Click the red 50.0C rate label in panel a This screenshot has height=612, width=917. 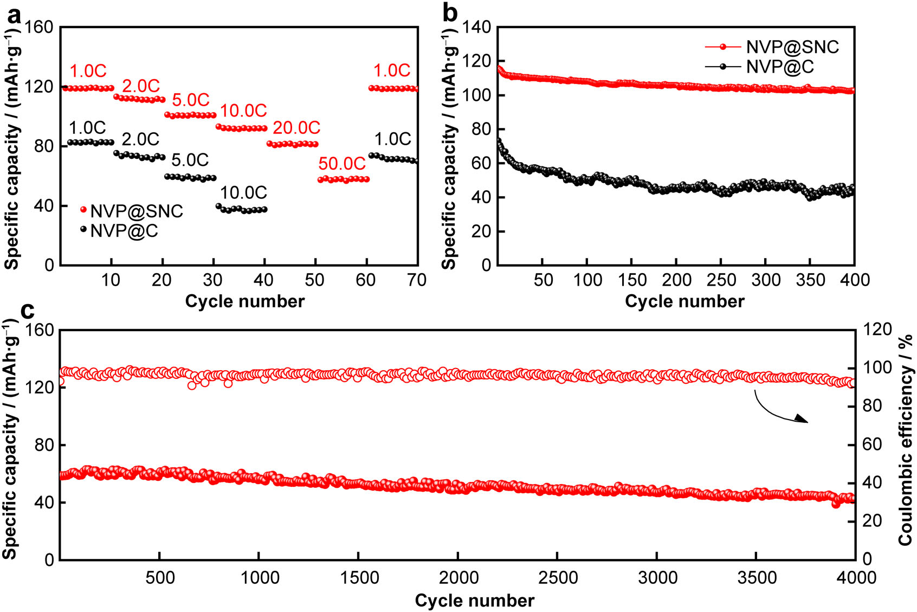click(x=342, y=164)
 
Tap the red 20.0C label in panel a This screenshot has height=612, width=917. click(x=296, y=128)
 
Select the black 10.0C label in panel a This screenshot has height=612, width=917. click(x=243, y=193)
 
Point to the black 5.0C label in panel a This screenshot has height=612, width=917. click(x=190, y=160)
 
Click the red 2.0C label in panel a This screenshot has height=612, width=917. click(x=141, y=86)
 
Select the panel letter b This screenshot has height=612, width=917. click(x=450, y=13)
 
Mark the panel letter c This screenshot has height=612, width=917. click(x=27, y=310)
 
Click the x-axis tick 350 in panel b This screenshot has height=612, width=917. click(x=810, y=280)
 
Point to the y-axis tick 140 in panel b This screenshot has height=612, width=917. click(x=477, y=27)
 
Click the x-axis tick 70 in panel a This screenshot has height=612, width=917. click(x=416, y=280)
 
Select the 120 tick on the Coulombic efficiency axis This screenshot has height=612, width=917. click(x=877, y=330)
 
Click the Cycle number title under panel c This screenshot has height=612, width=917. click(x=474, y=601)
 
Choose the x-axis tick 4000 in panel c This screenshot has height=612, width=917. click(x=855, y=578)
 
